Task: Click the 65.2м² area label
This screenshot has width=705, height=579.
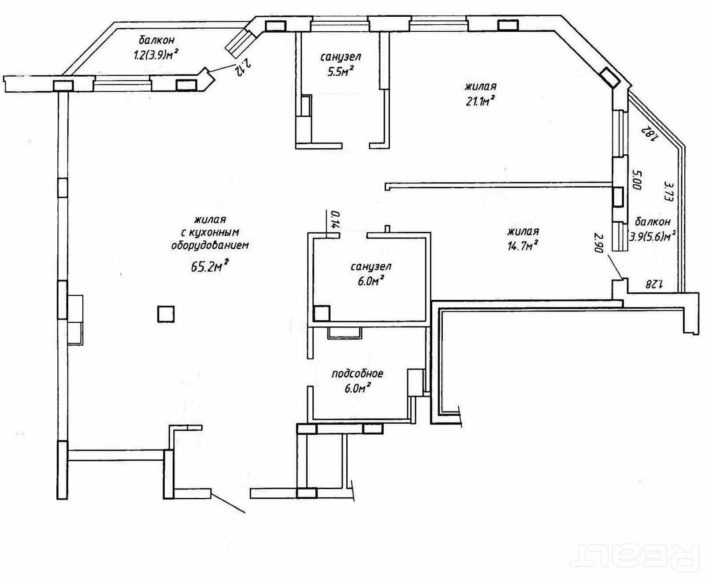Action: point(210,266)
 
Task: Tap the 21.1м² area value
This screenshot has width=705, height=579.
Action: point(480,101)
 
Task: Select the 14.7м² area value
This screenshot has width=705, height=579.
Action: point(523,246)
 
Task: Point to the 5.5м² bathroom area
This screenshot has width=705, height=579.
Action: point(340,71)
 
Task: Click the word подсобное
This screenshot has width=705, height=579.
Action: point(357,374)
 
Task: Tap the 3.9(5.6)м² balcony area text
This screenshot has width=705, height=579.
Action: point(652,236)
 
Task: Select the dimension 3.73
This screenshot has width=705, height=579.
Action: point(668,191)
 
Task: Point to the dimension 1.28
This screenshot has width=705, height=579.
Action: point(654,285)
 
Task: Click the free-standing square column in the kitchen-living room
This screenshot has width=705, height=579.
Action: point(166,314)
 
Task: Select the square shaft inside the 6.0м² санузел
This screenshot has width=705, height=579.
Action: point(322,314)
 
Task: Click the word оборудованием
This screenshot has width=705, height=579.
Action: point(210,245)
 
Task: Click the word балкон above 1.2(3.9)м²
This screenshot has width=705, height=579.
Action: point(157,40)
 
